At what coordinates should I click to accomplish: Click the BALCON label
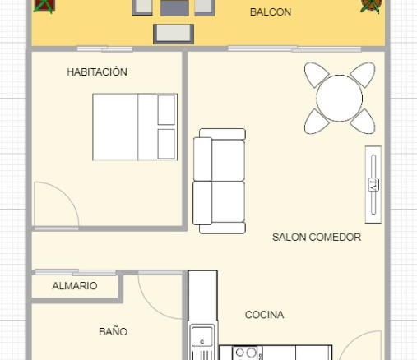271,12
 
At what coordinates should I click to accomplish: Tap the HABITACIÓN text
97,72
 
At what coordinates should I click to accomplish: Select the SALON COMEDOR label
317,237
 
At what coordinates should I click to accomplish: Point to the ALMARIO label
75,286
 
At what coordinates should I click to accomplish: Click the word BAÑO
113,331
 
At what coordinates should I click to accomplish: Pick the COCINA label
264,315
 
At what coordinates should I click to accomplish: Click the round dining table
340,98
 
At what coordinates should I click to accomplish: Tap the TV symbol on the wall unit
373,185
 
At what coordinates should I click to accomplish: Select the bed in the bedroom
135,127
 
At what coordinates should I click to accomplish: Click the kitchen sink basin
202,337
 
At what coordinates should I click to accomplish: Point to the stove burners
245,353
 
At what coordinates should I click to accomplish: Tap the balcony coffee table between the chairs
174,8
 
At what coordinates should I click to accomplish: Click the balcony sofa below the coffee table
174,34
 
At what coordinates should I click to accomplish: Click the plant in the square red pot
44,6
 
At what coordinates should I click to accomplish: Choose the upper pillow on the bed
166,109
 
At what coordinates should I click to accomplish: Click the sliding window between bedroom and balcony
104,49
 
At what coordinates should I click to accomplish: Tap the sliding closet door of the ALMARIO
76,272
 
